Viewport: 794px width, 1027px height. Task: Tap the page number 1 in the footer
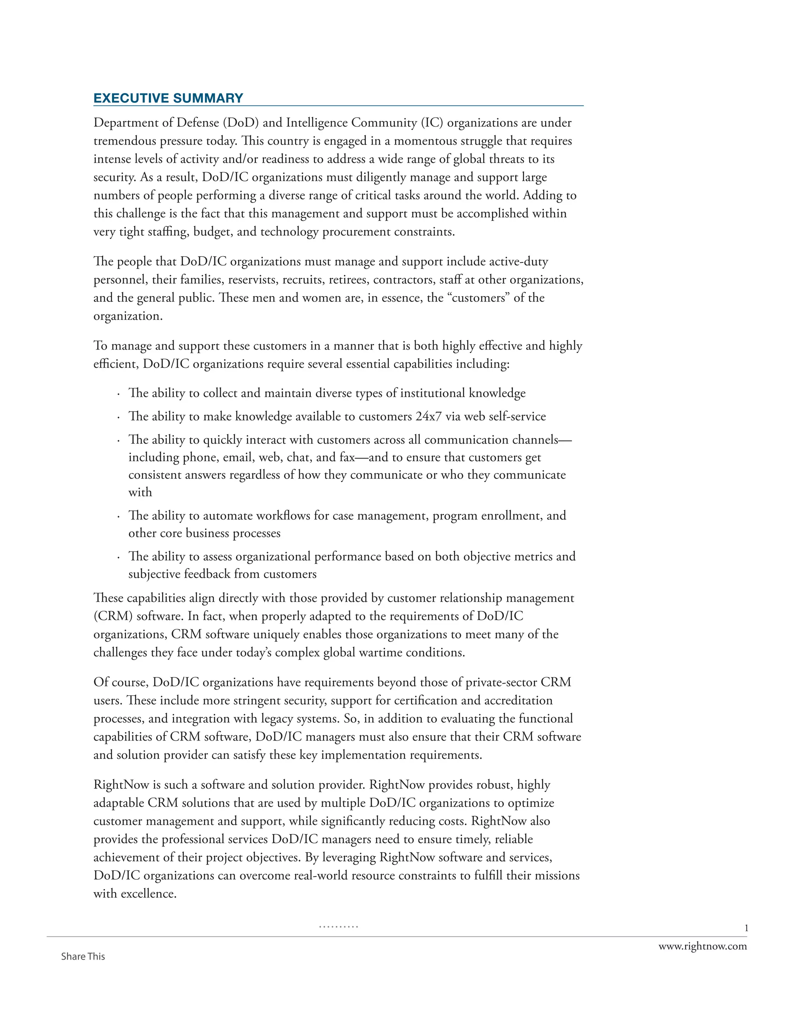[x=746, y=928]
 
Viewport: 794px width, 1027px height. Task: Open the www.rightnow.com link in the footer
[x=702, y=946]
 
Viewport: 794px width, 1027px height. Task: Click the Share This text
[x=83, y=956]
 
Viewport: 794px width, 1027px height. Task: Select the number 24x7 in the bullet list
[x=428, y=416]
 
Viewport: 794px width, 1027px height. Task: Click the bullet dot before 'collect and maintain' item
[x=118, y=394]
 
